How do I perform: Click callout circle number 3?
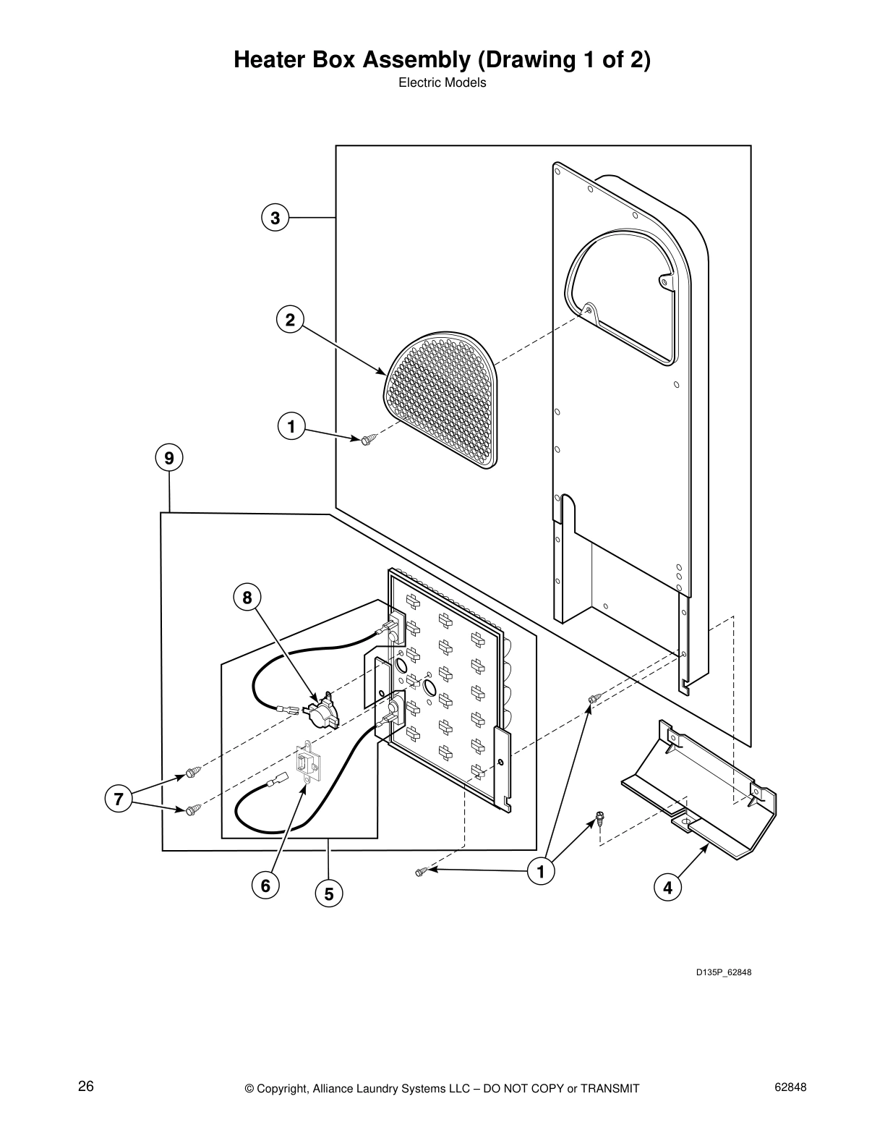pos(275,218)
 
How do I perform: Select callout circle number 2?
pos(290,320)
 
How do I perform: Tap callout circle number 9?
pos(169,458)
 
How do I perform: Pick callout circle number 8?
pos(247,598)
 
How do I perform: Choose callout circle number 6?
pos(265,885)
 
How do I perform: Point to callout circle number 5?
pos(329,894)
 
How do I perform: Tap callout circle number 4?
pos(667,887)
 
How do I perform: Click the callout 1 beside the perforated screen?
pos(291,427)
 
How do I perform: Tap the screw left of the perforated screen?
pos(369,438)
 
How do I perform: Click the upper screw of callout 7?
pos(192,773)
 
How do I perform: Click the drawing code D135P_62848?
pos(724,972)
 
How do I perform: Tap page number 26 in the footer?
pos(86,1087)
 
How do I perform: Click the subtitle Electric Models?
pos(442,82)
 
